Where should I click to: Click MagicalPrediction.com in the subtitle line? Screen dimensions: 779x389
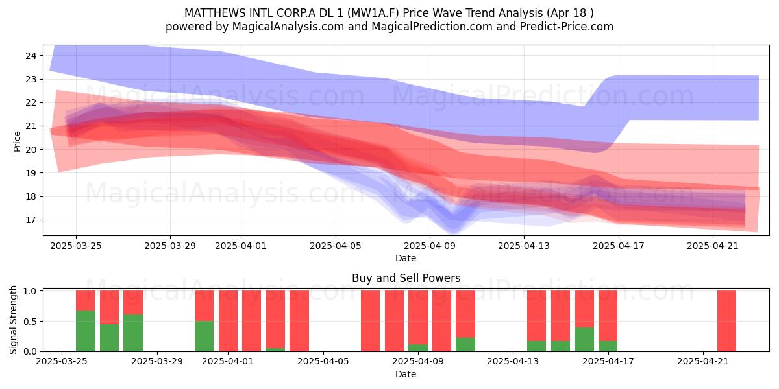coord(432,27)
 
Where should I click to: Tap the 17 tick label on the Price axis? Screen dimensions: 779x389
coord(31,220)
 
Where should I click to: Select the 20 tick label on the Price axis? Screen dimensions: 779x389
coord(31,150)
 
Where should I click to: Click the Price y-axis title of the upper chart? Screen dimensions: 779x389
coord(17,141)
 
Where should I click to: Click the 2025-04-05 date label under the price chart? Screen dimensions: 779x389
coord(336,246)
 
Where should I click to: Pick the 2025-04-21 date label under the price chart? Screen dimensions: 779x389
coord(713,246)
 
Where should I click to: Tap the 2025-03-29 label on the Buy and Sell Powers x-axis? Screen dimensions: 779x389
coord(157,361)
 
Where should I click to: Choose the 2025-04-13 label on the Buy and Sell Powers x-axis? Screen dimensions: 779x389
coord(513,361)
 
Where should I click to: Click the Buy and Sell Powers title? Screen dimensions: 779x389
coord(406,278)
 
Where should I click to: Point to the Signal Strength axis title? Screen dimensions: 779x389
coord(13,320)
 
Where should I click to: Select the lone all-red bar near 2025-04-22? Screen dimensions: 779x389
coord(727,321)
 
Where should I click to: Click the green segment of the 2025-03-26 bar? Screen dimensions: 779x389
coord(85,331)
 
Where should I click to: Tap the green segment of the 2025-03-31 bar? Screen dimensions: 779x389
coord(204,336)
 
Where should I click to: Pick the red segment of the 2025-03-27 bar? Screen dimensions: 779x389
coord(109,307)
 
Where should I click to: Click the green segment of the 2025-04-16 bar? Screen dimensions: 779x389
coord(584,339)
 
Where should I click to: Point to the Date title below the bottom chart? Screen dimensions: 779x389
coord(406,374)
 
